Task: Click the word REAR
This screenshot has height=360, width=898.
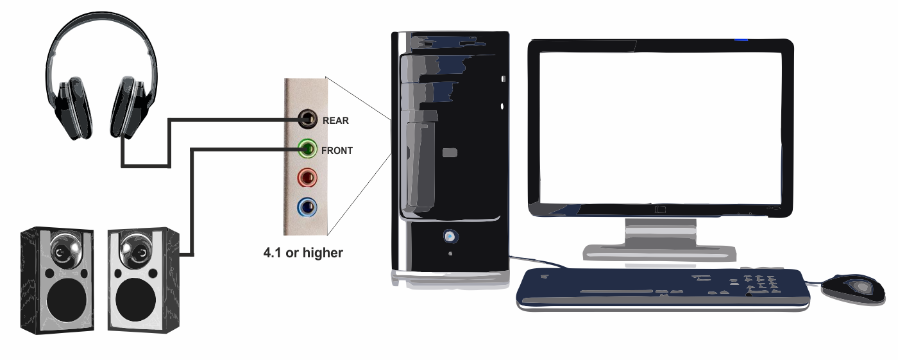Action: click(x=335, y=121)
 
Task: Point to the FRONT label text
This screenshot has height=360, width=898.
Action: click(x=337, y=151)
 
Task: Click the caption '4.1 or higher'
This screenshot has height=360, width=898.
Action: click(x=303, y=253)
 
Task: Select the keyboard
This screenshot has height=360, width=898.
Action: click(x=661, y=287)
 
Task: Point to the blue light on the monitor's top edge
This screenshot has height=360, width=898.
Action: click(x=741, y=40)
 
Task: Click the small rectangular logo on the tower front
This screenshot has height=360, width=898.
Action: click(x=450, y=153)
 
